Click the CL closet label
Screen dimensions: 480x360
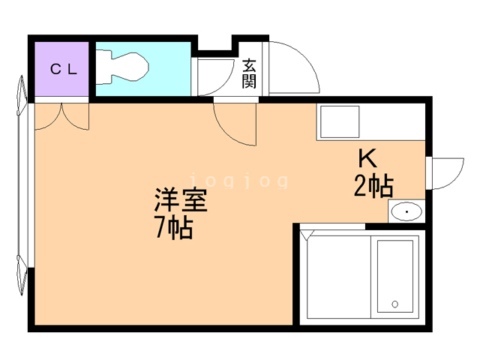click(63, 70)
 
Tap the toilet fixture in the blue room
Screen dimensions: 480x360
click(122, 67)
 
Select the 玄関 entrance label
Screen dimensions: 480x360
click(249, 73)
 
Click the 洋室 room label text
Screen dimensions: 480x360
click(181, 200)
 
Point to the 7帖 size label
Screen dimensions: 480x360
click(174, 227)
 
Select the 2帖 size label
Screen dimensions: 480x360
click(373, 186)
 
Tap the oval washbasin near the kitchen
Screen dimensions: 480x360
click(406, 211)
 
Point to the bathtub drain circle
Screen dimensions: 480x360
click(395, 304)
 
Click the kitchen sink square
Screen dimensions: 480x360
click(340, 121)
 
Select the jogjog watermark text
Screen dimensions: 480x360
click(239, 181)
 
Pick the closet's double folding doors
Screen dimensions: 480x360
click(61, 117)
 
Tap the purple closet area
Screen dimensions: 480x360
click(61, 69)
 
